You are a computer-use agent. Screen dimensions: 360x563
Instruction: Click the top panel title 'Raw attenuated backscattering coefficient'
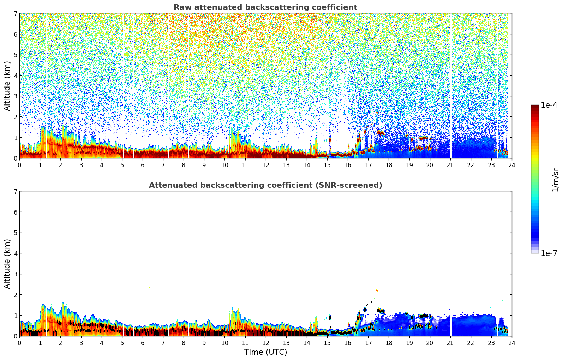click(265, 7)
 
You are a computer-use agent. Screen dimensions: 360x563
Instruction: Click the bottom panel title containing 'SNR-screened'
click(265, 185)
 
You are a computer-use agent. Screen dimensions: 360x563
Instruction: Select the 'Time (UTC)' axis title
click(265, 352)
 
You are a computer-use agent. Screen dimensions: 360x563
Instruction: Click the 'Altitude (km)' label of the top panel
click(7, 86)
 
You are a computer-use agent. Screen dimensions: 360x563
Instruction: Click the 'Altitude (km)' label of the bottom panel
click(7, 264)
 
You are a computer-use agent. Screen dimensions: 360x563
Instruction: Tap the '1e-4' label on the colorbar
click(549, 105)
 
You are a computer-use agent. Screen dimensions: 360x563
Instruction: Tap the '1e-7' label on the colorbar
click(549, 253)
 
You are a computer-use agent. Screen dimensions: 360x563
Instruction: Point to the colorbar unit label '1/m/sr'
click(555, 180)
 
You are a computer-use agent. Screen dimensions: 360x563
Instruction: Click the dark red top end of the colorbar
click(535, 107)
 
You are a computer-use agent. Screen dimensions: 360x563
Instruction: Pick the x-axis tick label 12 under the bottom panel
click(265, 343)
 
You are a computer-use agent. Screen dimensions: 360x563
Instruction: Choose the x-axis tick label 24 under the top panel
click(511, 165)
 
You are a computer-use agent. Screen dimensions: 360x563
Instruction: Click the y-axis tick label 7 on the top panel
click(16, 14)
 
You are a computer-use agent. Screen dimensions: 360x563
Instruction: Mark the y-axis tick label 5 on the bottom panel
click(16, 233)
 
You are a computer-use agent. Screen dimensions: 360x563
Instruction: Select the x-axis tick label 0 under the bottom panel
click(19, 343)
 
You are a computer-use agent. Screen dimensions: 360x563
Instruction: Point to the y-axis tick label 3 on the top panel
click(16, 96)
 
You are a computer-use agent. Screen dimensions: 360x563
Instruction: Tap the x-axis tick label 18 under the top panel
click(389, 165)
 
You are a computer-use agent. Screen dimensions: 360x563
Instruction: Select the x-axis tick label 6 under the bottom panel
click(143, 343)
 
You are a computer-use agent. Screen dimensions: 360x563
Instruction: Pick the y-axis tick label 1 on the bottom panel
click(16, 316)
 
